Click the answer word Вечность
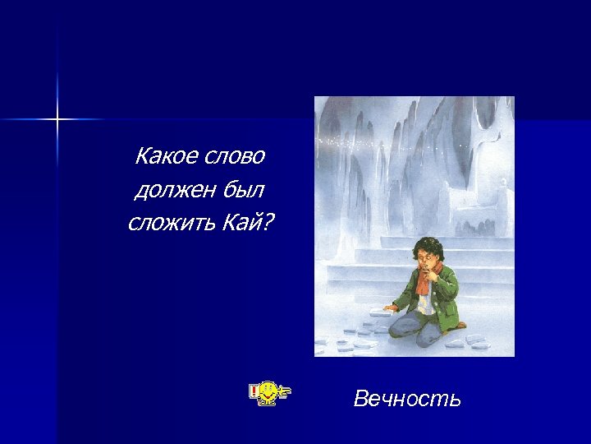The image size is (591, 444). click(407, 400)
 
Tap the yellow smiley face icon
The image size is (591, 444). click(268, 394)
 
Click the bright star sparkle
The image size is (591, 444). click(57, 120)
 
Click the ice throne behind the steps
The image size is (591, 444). click(468, 197)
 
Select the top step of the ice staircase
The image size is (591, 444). click(427, 242)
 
